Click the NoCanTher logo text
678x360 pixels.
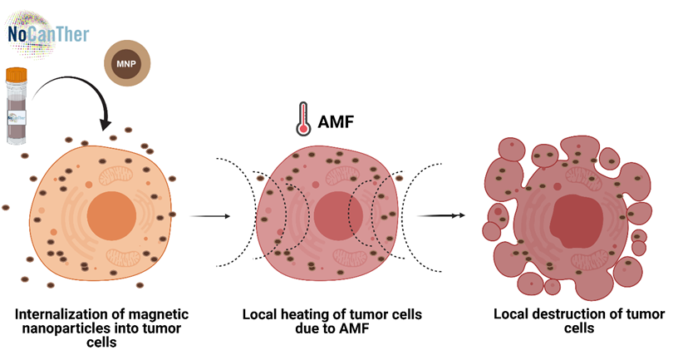(x=47, y=36)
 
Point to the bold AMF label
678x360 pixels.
(x=337, y=123)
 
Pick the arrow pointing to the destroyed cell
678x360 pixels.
(x=438, y=216)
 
